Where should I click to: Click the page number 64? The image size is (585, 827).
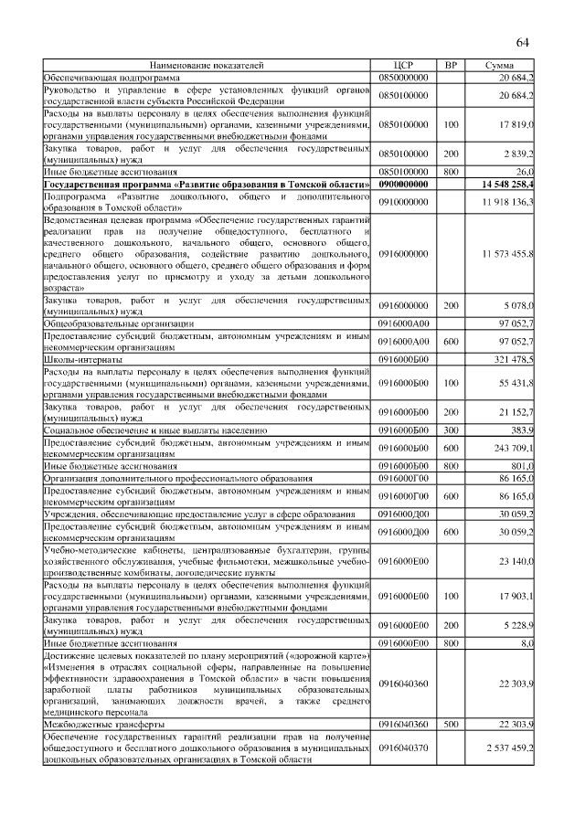(x=523, y=44)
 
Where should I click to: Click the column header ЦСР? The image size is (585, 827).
(x=403, y=67)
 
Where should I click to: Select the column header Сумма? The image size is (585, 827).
(x=499, y=67)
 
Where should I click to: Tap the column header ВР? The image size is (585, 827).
(x=450, y=67)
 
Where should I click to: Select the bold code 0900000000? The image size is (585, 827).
(x=403, y=185)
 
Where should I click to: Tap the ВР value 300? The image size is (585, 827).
(x=450, y=428)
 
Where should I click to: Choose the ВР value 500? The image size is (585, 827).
(x=450, y=724)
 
